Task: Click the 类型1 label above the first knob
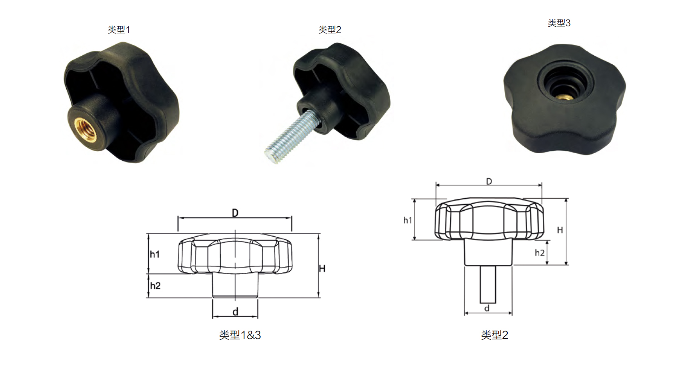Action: tap(119, 30)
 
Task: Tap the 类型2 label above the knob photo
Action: tap(330, 30)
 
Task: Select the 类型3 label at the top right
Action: tap(559, 23)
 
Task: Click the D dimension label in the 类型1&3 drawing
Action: tap(235, 213)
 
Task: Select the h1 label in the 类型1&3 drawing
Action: tap(155, 254)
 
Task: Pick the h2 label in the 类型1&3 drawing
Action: tap(155, 286)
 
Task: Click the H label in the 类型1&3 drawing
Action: tap(322, 268)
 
